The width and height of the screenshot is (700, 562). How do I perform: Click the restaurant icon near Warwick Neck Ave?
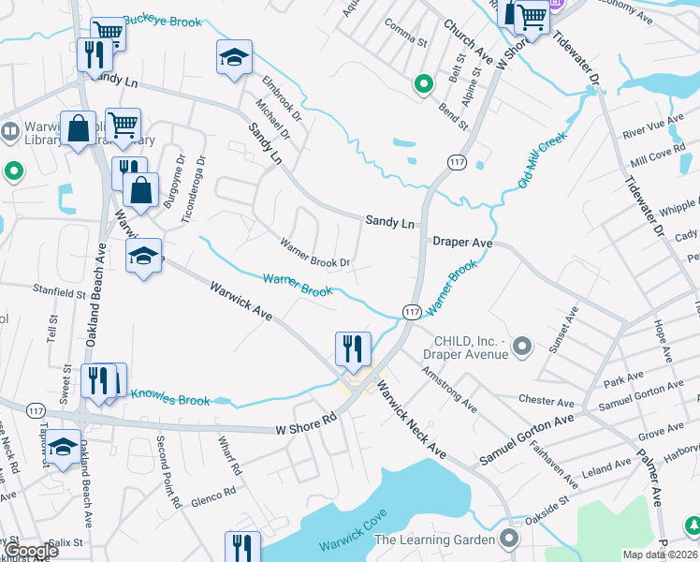point(354,349)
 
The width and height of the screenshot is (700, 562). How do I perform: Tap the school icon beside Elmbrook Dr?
point(234,58)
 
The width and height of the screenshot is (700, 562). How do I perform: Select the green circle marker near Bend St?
point(423,85)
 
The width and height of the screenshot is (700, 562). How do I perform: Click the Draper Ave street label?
point(462,242)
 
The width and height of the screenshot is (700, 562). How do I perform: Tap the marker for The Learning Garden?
point(509,539)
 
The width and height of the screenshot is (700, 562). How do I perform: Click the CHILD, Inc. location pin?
point(522,348)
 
